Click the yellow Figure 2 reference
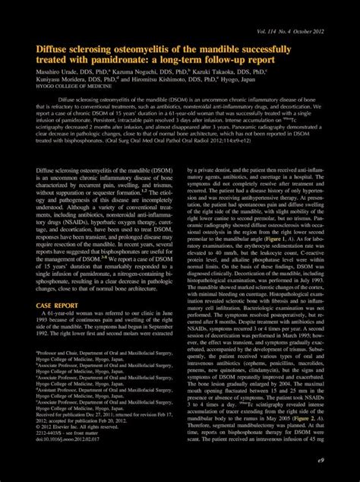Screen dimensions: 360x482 coord(302,439)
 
